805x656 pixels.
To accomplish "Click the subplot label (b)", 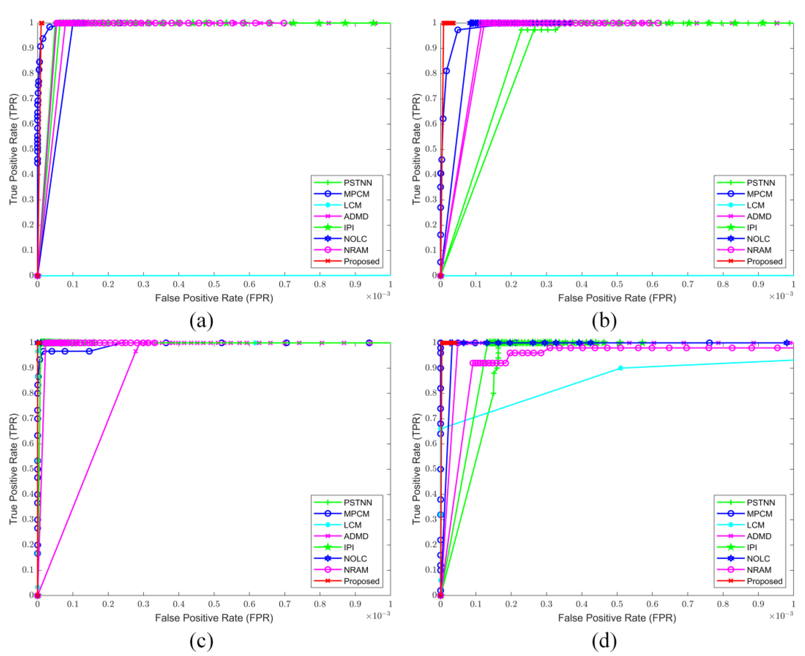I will [x=604, y=320].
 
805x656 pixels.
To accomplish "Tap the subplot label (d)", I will [x=604, y=640].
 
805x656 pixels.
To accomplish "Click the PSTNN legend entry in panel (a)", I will [x=358, y=183].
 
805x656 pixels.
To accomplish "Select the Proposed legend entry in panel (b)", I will [x=764, y=261].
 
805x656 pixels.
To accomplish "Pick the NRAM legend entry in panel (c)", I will [x=356, y=570].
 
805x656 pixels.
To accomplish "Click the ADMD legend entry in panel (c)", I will [x=356, y=536].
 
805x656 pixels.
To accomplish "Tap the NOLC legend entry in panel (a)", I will [x=355, y=239].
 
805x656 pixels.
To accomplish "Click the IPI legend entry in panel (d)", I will [x=752, y=547].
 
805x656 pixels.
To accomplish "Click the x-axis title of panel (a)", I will [x=214, y=298].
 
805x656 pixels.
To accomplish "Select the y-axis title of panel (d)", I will [x=416, y=468].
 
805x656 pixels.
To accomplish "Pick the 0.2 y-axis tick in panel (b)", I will [x=432, y=225].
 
